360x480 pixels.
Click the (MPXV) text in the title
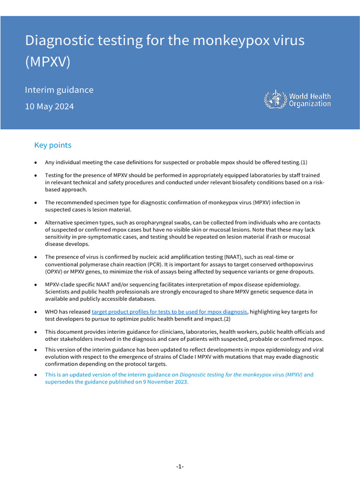tap(47, 62)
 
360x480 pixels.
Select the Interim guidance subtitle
tap(59, 90)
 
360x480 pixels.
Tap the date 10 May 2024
tap(49, 106)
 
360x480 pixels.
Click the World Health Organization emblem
tap(275, 100)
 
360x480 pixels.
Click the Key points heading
tap(53, 145)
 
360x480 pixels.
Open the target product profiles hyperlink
tap(169, 312)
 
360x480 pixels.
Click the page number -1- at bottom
tap(180, 466)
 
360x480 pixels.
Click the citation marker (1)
tap(304, 162)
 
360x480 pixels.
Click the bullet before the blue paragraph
tap(36, 375)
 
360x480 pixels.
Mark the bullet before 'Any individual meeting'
tap(36, 162)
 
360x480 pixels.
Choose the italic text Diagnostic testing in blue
tap(202, 375)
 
